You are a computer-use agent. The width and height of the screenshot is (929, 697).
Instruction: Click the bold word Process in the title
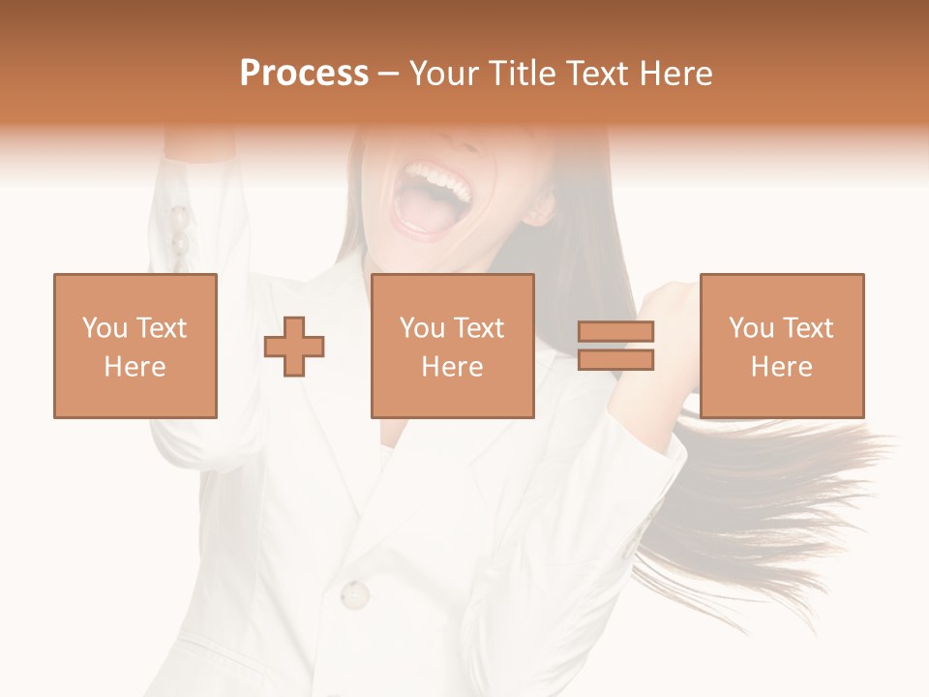[304, 74]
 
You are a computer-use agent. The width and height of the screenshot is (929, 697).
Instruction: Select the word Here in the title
[675, 74]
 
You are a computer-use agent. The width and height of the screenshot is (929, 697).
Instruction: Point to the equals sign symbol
[615, 346]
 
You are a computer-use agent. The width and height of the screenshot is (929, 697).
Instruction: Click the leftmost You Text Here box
[135, 346]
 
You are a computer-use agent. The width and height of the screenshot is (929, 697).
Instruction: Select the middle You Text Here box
[453, 346]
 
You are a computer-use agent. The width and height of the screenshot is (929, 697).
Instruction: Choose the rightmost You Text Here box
[782, 346]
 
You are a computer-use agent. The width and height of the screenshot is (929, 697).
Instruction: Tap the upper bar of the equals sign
[615, 332]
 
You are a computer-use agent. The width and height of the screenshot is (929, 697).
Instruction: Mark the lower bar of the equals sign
[615, 360]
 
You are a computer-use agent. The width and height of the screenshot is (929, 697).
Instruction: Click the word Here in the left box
[135, 367]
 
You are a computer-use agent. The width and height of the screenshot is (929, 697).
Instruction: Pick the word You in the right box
[751, 328]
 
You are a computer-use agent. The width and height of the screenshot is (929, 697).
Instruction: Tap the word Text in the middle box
[479, 328]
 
